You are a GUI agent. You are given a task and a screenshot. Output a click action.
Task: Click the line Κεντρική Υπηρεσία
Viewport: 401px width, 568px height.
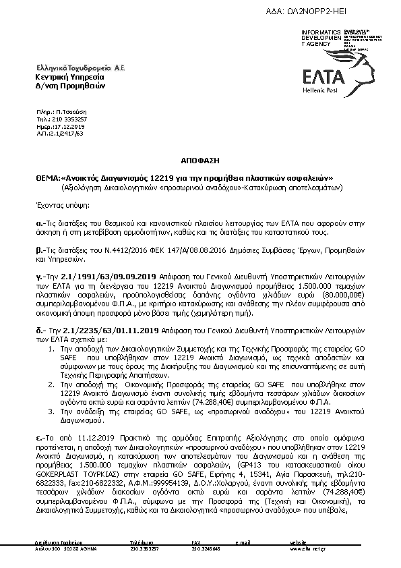click(62, 78)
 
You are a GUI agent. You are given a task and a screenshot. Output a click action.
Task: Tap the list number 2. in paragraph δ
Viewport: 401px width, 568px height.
click(55, 382)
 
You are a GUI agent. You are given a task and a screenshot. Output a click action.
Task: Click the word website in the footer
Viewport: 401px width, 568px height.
click(298, 543)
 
